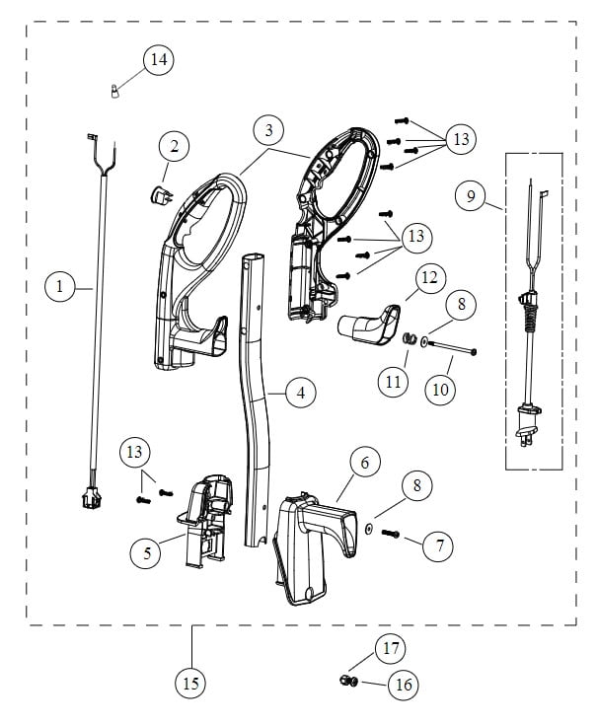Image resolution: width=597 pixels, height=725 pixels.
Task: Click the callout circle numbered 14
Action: pyautogui.click(x=157, y=60)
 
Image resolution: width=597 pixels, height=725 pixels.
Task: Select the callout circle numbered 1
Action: pyautogui.click(x=60, y=287)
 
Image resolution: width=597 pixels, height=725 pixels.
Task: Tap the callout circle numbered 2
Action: pyautogui.click(x=175, y=147)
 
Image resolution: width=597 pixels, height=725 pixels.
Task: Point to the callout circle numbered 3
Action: pyautogui.click(x=268, y=129)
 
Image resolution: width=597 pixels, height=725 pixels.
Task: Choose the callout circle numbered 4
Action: pyautogui.click(x=300, y=392)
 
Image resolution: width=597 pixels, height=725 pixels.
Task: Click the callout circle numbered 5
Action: pyautogui.click(x=147, y=552)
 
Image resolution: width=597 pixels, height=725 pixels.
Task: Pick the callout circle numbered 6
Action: pyautogui.click(x=364, y=462)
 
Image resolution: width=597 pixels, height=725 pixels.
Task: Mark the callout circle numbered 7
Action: pyautogui.click(x=438, y=543)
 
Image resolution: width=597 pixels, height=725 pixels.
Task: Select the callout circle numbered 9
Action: pyautogui.click(x=471, y=196)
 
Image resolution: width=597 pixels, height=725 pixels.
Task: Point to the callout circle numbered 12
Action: pyautogui.click(x=426, y=281)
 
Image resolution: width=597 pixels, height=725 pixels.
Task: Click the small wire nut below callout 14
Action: pyautogui.click(x=114, y=94)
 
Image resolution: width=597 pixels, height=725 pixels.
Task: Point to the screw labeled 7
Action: pyautogui.click(x=389, y=534)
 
